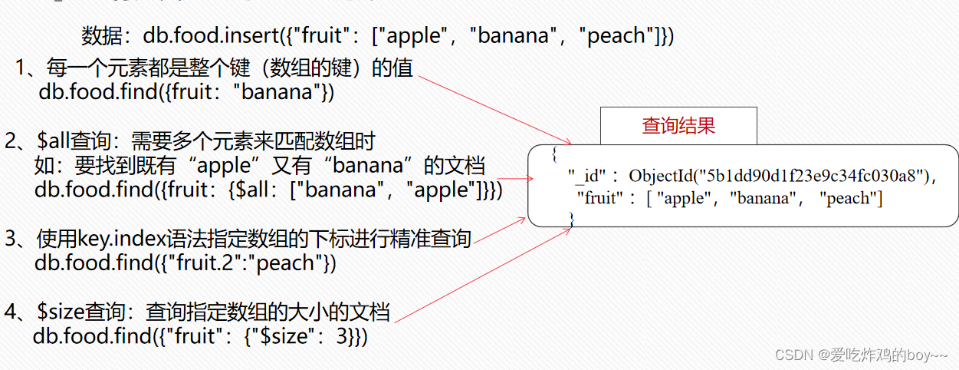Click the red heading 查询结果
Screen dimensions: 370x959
click(678, 126)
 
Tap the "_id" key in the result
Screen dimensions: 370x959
click(586, 177)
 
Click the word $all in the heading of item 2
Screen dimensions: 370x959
click(54, 141)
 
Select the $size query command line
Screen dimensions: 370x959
click(200, 336)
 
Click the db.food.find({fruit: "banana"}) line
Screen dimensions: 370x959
click(186, 93)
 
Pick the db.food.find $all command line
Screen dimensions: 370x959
click(268, 190)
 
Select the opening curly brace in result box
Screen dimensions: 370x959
click(553, 154)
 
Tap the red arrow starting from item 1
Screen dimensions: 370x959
click(498, 107)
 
